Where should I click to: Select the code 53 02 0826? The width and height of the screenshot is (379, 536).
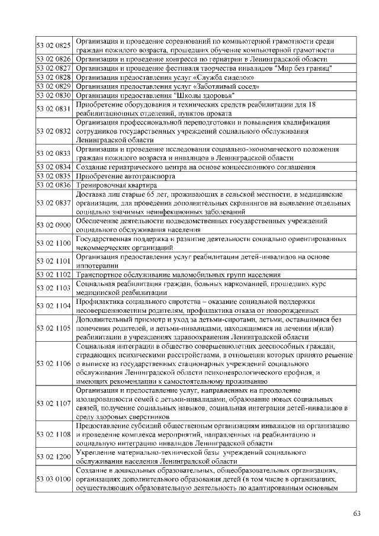click(x=53, y=59)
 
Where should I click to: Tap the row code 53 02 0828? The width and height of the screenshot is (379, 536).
click(x=53, y=77)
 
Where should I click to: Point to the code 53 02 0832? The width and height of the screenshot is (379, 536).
click(x=53, y=131)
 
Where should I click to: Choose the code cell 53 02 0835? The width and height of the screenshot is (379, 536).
click(x=53, y=176)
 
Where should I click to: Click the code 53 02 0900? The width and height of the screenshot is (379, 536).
click(x=53, y=225)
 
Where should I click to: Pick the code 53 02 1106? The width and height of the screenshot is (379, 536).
click(x=53, y=363)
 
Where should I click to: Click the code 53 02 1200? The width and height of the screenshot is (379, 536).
click(x=53, y=457)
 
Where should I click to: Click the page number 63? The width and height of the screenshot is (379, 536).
click(x=356, y=513)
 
